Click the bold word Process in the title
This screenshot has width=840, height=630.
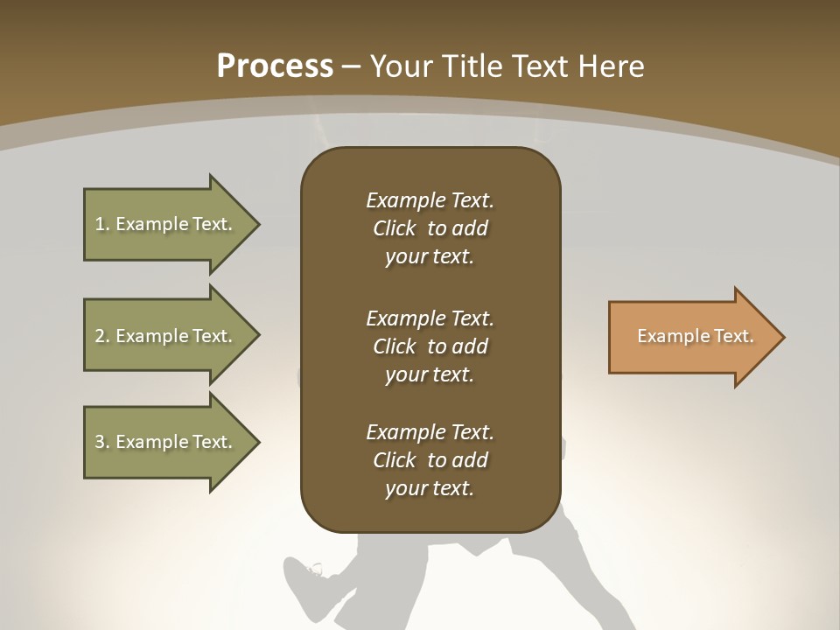pos(275,66)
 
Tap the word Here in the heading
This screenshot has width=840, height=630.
pos(611,66)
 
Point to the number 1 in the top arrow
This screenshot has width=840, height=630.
pos(100,224)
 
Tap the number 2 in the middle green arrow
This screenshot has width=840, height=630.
pos(100,336)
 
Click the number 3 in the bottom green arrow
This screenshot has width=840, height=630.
pos(100,442)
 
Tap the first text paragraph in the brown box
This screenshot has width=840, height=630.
pos(430,228)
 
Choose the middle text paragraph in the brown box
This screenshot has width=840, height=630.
pos(430,346)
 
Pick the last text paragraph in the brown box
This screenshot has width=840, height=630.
pos(430,460)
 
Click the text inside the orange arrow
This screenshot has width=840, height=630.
pos(696,336)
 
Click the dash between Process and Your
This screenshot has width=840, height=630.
pos(352,66)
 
